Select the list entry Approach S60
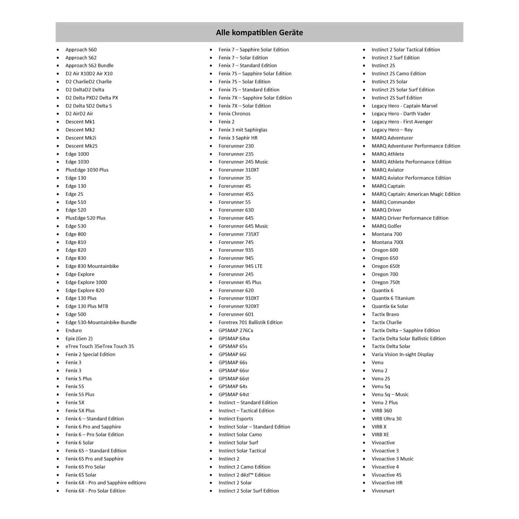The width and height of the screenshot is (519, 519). coord(81,50)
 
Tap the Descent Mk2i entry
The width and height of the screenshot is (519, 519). coord(81,138)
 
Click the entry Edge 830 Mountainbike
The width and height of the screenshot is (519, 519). coord(92,266)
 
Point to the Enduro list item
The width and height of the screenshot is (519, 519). coord(74,330)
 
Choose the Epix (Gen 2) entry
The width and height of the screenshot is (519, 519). coord(79,339)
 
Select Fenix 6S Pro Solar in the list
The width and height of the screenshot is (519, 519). coord(85,467)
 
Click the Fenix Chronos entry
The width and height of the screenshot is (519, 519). coord(234,114)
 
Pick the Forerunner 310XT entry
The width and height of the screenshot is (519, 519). coord(239,170)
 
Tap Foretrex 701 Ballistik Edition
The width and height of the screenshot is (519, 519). coord(251,322)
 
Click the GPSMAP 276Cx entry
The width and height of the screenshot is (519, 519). coord(236,330)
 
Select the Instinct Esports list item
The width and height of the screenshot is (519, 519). coord(236,419)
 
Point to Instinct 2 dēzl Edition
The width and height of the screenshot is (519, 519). coord(244,475)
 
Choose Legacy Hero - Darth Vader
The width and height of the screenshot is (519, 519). coord(401,114)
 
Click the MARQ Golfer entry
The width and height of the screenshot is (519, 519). coord(386,226)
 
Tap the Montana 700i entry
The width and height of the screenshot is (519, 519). coord(387,242)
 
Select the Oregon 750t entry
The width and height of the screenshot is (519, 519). coord(386,282)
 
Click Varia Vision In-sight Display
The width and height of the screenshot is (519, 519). coord(402,354)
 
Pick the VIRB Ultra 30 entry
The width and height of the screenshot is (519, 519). coord(386,419)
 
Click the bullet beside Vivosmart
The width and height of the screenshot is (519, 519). coord(364,491)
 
